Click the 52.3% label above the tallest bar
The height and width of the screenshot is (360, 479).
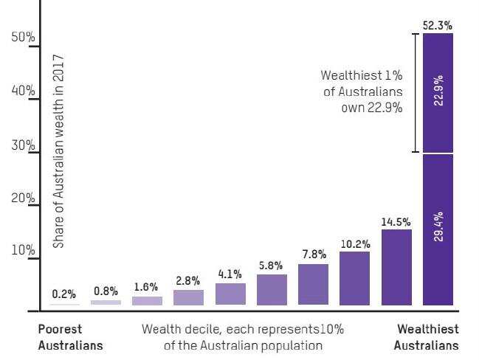[x=437, y=25]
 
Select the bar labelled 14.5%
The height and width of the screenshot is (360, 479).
[x=396, y=267]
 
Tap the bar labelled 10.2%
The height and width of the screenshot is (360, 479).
[x=354, y=278]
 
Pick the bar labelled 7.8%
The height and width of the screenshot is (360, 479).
[x=313, y=284]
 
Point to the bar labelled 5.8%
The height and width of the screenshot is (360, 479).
[x=272, y=289]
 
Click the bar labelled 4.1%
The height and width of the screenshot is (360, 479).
[x=230, y=294]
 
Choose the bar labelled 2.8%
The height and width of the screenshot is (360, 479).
[x=188, y=297]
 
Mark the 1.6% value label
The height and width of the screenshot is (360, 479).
[x=146, y=287]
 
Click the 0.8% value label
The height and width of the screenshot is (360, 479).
[x=106, y=291]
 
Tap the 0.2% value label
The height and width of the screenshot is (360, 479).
[x=64, y=294]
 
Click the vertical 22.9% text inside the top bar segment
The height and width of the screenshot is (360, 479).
[x=438, y=90]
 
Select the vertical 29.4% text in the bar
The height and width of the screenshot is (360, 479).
[x=438, y=228]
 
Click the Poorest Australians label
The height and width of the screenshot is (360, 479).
[x=70, y=336]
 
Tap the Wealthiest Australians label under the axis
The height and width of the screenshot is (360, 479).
[x=427, y=336]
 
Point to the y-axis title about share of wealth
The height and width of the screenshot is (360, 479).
[x=59, y=150]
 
